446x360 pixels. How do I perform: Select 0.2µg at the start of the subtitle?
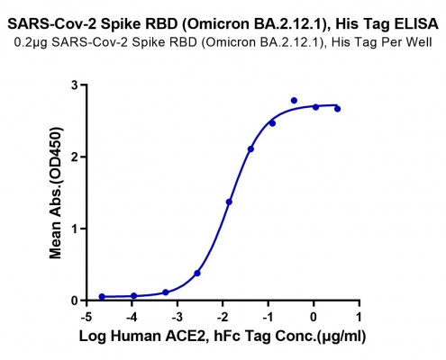click(31, 42)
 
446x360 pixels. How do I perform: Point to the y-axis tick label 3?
click(75, 85)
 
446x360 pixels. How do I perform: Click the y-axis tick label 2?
click(75, 157)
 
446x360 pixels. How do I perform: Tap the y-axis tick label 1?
click(75, 229)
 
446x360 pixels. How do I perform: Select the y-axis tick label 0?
click(75, 301)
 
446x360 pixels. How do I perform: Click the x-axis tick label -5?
click(86, 317)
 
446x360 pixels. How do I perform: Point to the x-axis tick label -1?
click(268, 317)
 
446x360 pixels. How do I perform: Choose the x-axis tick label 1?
click(359, 317)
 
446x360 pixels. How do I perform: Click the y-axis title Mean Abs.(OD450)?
click(56, 193)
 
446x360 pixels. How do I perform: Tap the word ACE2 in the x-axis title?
click(187, 337)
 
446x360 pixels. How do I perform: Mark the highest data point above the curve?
click(294, 101)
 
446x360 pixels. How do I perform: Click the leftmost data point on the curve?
click(102, 297)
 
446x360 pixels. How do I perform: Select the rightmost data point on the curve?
click(337, 109)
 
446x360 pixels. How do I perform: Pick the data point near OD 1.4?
click(229, 202)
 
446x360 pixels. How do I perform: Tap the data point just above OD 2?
click(250, 149)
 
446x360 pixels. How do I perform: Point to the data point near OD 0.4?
click(197, 274)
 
